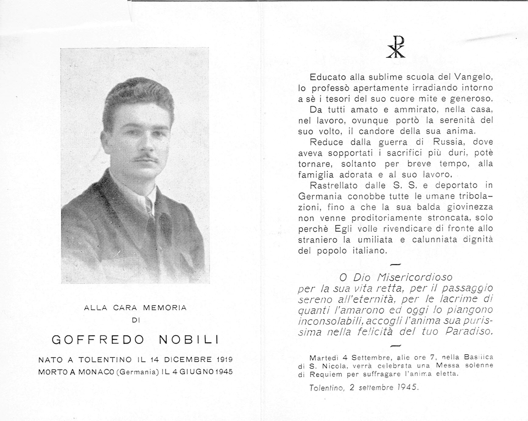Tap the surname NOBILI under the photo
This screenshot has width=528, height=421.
189,340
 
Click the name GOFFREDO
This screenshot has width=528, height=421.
98,340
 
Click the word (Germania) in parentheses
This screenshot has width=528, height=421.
138,372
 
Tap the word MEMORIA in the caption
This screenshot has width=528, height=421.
165,308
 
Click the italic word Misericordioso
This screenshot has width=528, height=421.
414,277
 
